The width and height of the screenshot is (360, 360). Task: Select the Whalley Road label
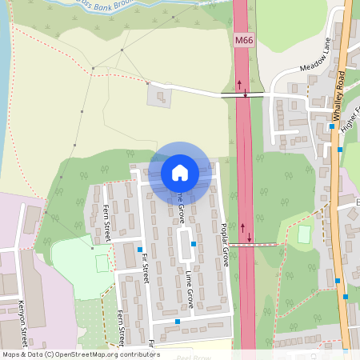(338, 95)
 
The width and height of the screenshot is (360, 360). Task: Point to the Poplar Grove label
(225, 244)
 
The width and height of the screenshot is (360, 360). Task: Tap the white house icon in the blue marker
(179, 172)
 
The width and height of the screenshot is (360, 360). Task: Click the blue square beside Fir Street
(140, 250)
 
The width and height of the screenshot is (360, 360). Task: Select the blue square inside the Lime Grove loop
(194, 243)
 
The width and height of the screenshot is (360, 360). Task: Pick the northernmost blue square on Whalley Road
(331, 126)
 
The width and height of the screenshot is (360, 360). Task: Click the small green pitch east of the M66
(303, 235)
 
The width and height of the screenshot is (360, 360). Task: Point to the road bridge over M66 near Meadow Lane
(243, 94)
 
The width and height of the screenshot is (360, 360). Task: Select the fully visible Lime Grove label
(190, 289)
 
